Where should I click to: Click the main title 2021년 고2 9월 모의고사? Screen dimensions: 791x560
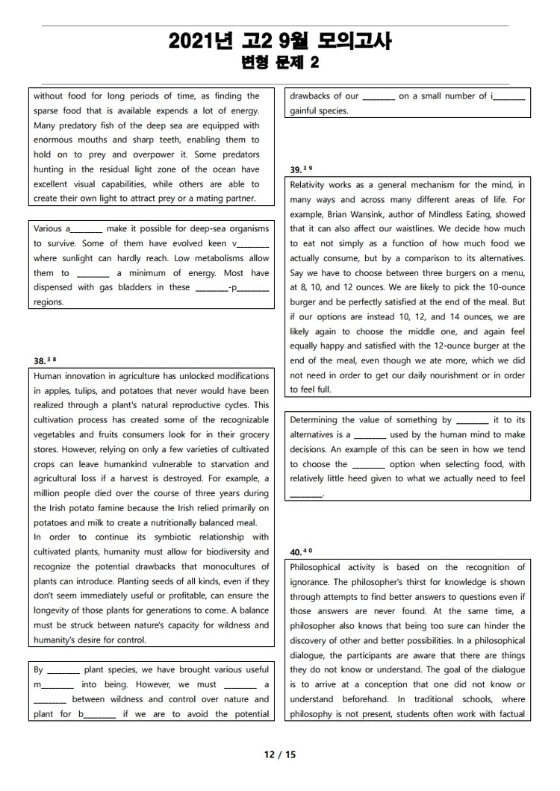point(280,42)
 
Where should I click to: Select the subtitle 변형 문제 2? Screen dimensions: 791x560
point(280,63)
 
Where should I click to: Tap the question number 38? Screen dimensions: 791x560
point(40,361)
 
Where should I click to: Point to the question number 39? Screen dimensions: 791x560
point(296,169)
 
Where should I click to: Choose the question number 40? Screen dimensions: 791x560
point(296,552)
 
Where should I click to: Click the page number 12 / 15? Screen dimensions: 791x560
point(280,754)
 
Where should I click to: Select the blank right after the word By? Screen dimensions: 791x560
point(63,670)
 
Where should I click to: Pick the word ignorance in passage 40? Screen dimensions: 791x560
point(311,582)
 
